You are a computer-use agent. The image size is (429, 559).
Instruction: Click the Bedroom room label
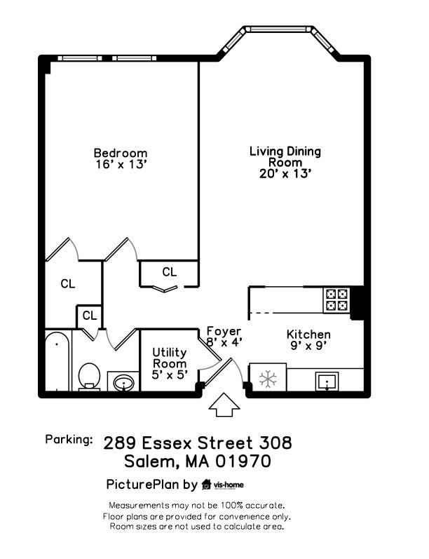121,153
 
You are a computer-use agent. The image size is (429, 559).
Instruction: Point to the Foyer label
224,331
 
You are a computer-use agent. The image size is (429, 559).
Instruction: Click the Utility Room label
170,363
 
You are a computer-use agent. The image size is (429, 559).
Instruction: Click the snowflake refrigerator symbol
267,379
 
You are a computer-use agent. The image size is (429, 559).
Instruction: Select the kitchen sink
327,382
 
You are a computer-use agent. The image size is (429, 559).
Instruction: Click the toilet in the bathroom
89,375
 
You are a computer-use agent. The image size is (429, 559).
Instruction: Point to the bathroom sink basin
123,383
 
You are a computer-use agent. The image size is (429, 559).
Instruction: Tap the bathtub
57,363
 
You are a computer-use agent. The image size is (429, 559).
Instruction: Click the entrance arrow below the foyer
224,404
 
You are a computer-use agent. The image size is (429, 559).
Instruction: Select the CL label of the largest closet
67,284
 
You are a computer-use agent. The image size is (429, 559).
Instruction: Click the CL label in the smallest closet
89,316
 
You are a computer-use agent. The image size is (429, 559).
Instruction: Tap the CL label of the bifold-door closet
169,271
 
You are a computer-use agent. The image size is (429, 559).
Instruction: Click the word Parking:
69,440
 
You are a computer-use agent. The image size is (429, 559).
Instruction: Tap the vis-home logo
222,484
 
